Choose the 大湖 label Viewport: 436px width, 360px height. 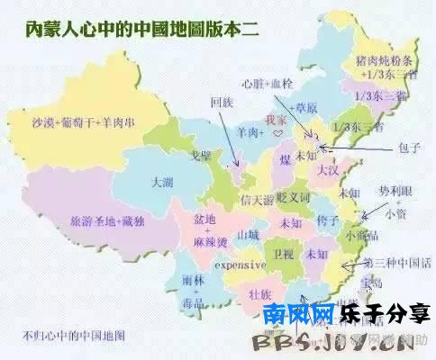click(x=163, y=182)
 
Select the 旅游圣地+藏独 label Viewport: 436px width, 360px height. click(x=96, y=220)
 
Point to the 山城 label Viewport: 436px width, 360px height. click(x=247, y=235)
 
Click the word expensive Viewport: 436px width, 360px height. click(x=241, y=266)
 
